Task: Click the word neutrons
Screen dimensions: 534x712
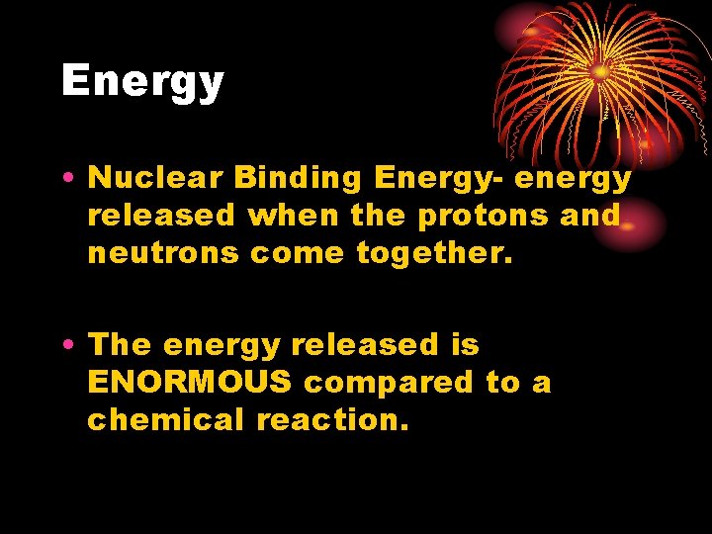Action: (164, 253)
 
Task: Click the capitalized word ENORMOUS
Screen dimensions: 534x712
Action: (190, 383)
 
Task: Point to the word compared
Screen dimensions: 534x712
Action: (390, 383)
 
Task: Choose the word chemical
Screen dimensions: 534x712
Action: (166, 420)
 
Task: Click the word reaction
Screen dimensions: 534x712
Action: (332, 420)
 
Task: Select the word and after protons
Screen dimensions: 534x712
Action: (590, 216)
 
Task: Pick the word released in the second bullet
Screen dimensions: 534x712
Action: (365, 345)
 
